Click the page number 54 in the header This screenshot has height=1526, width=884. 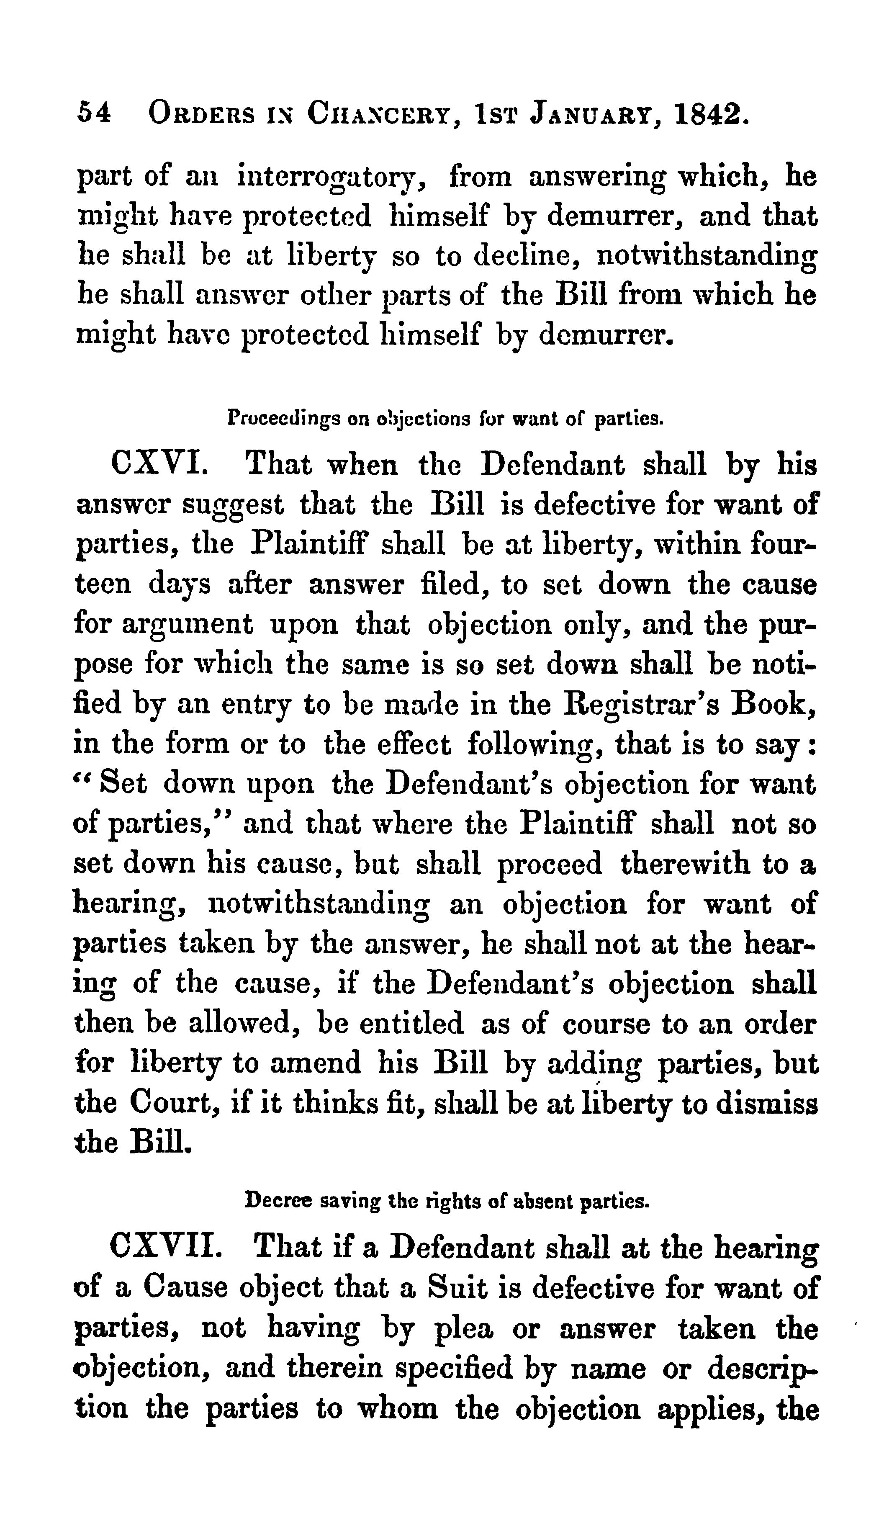click(x=94, y=113)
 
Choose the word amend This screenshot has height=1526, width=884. click(x=315, y=1064)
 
